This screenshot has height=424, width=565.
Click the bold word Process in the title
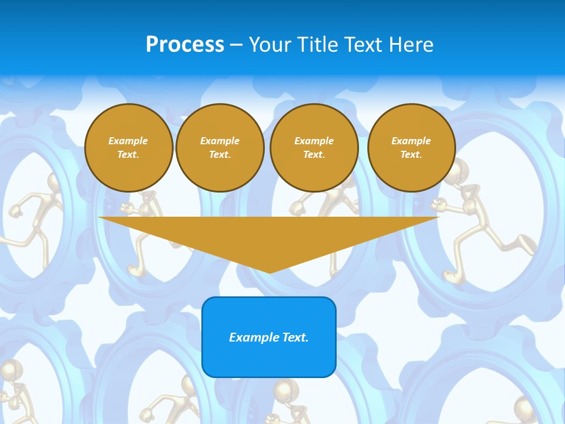(185, 45)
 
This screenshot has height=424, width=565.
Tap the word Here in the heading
(413, 45)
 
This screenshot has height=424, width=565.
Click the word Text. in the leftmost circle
(128, 155)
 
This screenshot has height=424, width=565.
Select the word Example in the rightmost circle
(411, 141)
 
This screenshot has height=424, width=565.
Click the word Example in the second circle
(220, 141)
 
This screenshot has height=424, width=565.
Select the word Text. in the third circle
(314, 155)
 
